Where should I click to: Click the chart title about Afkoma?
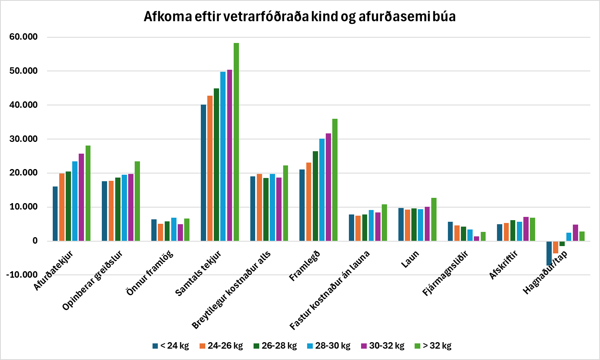pyautogui.click(x=299, y=17)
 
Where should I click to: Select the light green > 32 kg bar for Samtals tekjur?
pyautogui.click(x=236, y=142)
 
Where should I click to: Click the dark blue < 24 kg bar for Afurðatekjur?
pyautogui.click(x=55, y=214)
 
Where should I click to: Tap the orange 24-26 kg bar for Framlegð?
pyautogui.click(x=309, y=201)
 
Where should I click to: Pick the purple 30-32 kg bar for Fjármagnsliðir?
pyautogui.click(x=476, y=238)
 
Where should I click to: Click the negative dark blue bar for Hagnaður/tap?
pyautogui.click(x=549, y=253)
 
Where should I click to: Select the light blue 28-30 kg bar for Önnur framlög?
pyautogui.click(x=174, y=229)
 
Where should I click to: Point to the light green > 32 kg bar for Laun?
pyautogui.click(x=434, y=219)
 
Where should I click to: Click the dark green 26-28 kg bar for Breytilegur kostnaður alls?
pyautogui.click(x=266, y=209)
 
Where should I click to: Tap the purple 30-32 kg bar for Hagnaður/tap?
pyautogui.click(x=575, y=233)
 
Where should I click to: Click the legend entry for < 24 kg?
pyautogui.click(x=171, y=346)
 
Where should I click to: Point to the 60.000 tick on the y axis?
pyautogui.click(x=24, y=37)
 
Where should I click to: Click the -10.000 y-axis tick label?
pyautogui.click(x=22, y=274)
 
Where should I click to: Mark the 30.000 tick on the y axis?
pyautogui.click(x=24, y=139)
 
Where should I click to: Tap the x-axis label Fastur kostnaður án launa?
pyautogui.click(x=329, y=290)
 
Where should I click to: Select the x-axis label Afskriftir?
pyautogui.click(x=503, y=265)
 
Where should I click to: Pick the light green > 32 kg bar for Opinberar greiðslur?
pyautogui.click(x=137, y=201)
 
